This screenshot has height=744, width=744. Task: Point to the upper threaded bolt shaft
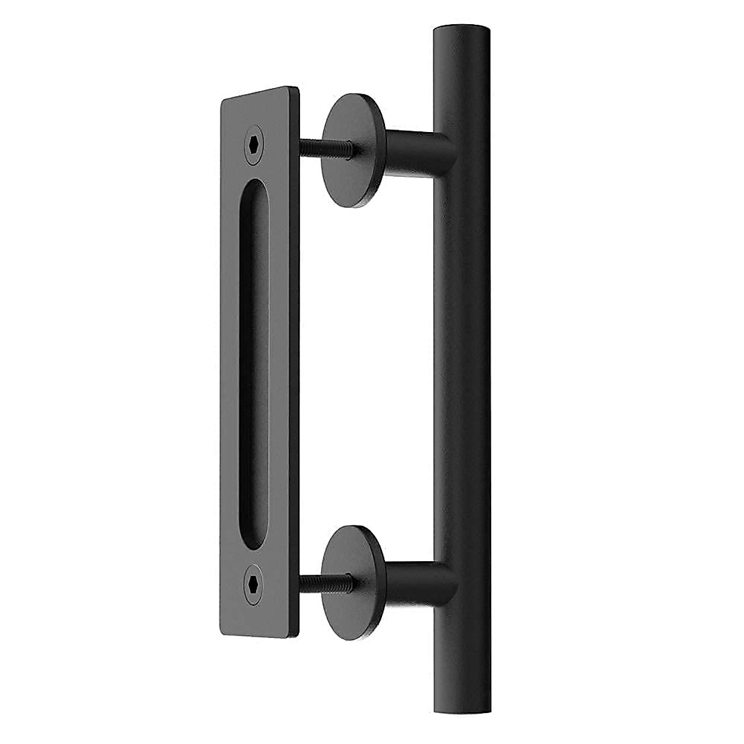click(x=326, y=146)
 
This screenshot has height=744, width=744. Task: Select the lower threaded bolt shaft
click(x=326, y=582)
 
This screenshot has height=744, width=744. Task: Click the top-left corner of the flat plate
click(x=222, y=99)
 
